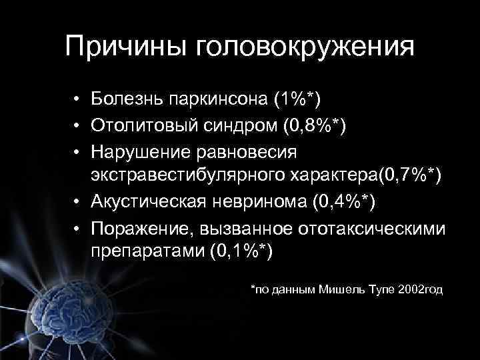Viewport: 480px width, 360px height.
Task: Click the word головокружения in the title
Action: (304, 48)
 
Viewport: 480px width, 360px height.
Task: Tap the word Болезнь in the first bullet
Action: (127, 101)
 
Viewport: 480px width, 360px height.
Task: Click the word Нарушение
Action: (139, 151)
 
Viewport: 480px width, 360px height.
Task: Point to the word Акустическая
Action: (149, 201)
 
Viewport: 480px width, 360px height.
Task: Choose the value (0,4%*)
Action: (342, 201)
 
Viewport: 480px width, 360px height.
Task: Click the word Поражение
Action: (138, 227)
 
